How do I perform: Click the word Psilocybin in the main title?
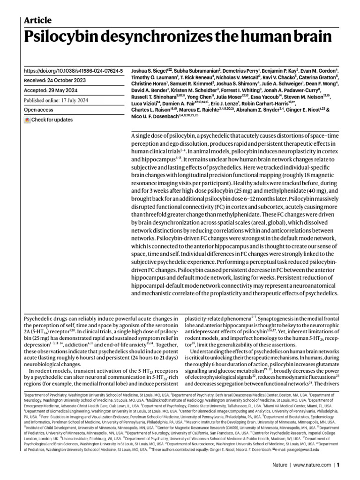(x=70, y=37)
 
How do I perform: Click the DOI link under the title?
(x=73, y=71)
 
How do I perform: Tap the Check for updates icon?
(x=27, y=120)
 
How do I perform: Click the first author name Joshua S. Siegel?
(x=147, y=71)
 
